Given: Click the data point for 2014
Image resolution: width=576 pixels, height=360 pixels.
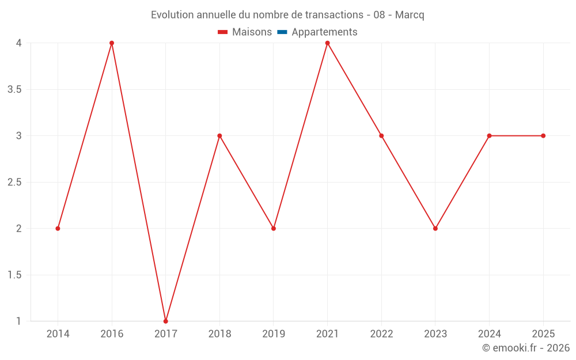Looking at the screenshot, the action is (x=58, y=229).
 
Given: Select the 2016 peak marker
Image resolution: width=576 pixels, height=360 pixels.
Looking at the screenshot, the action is (x=112, y=43).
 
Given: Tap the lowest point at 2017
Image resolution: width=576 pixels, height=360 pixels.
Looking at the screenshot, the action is (x=166, y=321).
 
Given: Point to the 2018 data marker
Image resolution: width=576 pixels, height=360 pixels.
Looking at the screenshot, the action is (x=219, y=136).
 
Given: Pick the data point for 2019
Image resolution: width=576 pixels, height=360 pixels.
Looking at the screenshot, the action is (x=273, y=229).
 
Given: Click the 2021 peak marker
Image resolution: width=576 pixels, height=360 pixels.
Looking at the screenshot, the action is (x=327, y=43).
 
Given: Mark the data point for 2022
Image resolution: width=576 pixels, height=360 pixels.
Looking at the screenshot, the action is (x=381, y=136).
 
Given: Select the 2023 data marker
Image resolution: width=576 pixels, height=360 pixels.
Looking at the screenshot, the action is (x=435, y=229).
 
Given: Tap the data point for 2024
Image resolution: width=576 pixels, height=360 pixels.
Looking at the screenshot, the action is (x=489, y=136).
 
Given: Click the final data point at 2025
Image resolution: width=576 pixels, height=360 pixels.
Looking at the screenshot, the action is (x=543, y=136).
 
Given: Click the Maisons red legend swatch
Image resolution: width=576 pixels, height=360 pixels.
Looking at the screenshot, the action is (x=222, y=32).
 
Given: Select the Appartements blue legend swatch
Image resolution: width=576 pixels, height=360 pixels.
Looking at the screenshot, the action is (x=282, y=32).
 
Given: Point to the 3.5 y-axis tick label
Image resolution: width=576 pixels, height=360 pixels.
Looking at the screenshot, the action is (x=14, y=90).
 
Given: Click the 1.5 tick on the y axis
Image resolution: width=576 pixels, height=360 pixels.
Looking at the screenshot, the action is (x=14, y=275).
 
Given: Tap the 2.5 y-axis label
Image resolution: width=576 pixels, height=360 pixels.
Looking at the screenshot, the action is (x=14, y=182).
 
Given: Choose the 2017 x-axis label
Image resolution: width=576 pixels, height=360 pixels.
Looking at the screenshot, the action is (x=166, y=334).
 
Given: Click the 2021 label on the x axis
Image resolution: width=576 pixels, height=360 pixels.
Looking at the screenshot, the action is (x=327, y=334).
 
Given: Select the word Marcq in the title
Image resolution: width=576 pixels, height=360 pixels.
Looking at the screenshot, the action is (x=410, y=15).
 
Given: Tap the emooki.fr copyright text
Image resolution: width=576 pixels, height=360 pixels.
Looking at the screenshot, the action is (x=526, y=347).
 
